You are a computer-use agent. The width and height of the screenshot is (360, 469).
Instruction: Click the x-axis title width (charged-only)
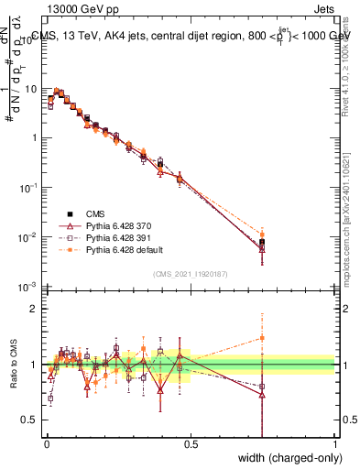pyautogui.click(x=285, y=458)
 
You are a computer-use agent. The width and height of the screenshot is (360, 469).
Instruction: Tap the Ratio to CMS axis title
pyautogui.click(x=14, y=364)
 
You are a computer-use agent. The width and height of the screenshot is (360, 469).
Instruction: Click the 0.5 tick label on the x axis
pyautogui.click(x=191, y=443)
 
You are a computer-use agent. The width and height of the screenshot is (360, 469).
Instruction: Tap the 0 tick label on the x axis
pyautogui.click(x=46, y=443)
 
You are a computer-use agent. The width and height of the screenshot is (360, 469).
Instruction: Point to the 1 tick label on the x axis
pyautogui.click(x=335, y=443)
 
